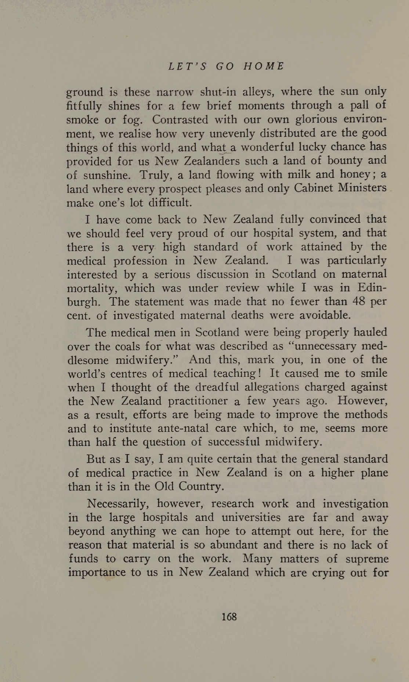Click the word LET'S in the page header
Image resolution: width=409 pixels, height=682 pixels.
click(x=187, y=67)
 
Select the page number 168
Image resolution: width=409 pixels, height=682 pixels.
click(x=229, y=617)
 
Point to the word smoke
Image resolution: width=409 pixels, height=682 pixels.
click(x=83, y=120)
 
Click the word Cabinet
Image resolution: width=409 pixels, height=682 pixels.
click(x=312, y=188)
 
